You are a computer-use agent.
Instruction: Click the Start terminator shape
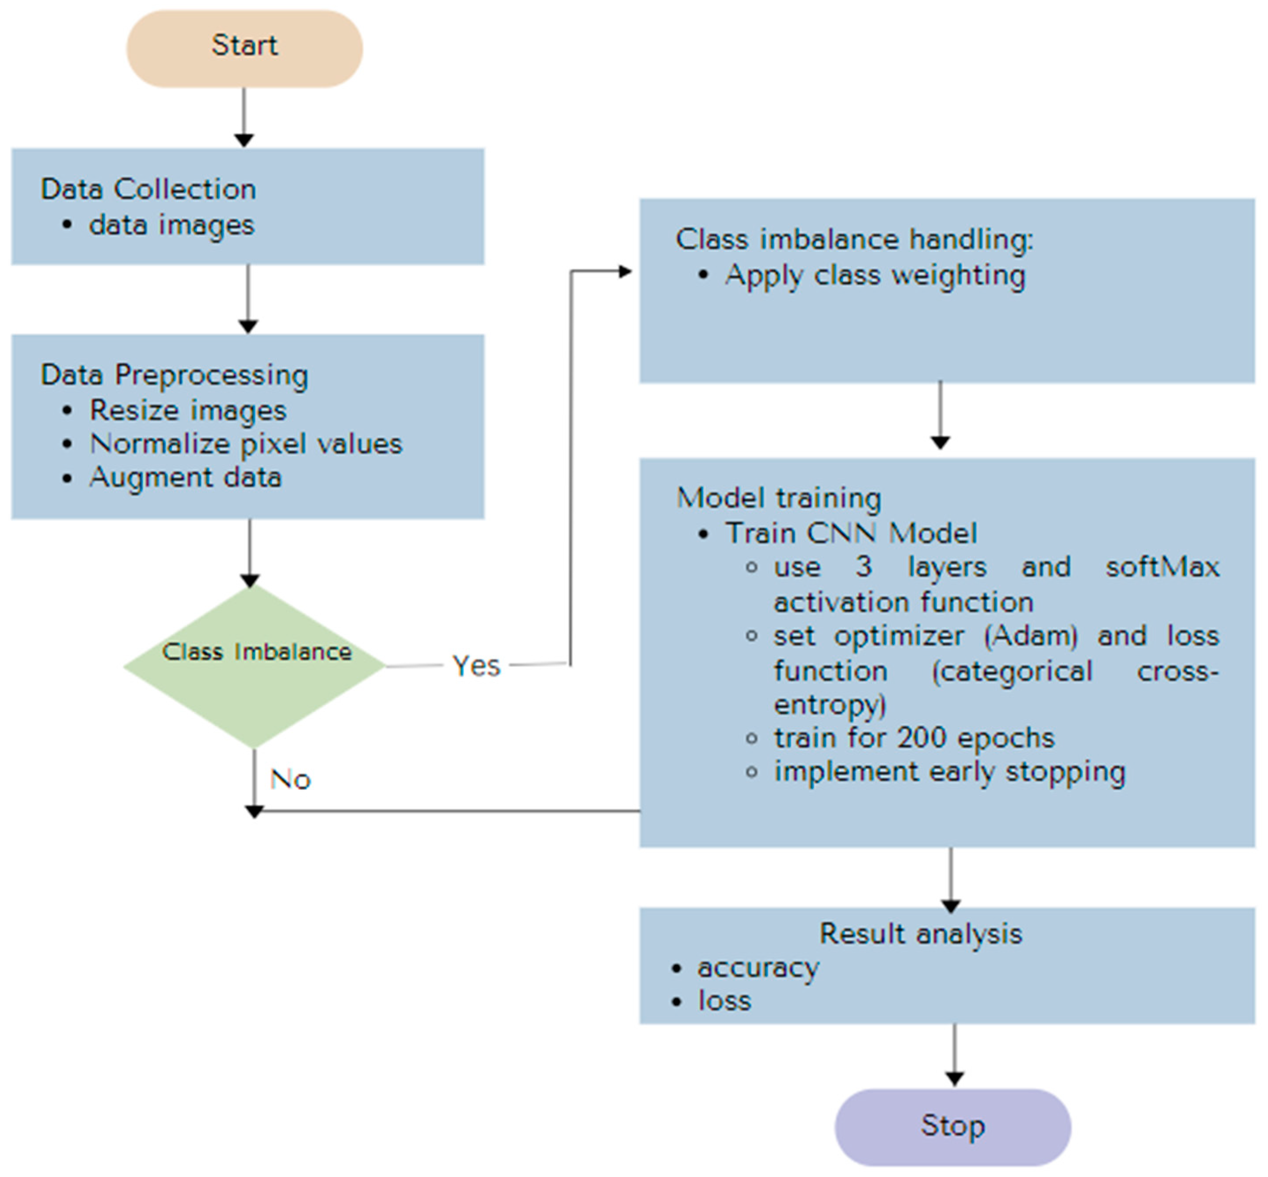[244, 48]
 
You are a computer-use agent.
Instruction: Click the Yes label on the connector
[476, 666]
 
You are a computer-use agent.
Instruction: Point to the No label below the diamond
[290, 779]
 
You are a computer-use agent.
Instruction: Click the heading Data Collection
[149, 189]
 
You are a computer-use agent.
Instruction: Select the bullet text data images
[171, 225]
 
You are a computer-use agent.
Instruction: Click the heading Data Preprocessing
[175, 374]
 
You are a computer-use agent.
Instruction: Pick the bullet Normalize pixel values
[246, 444]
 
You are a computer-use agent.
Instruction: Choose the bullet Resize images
[188, 410]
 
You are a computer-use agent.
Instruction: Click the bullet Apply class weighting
[875, 275]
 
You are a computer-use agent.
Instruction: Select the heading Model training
[779, 497]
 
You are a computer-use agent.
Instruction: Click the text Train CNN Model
[851, 533]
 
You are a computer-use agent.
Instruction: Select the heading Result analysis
[920, 934]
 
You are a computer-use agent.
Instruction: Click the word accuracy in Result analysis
[758, 968]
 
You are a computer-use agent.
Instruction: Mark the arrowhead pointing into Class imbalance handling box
[626, 272]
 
